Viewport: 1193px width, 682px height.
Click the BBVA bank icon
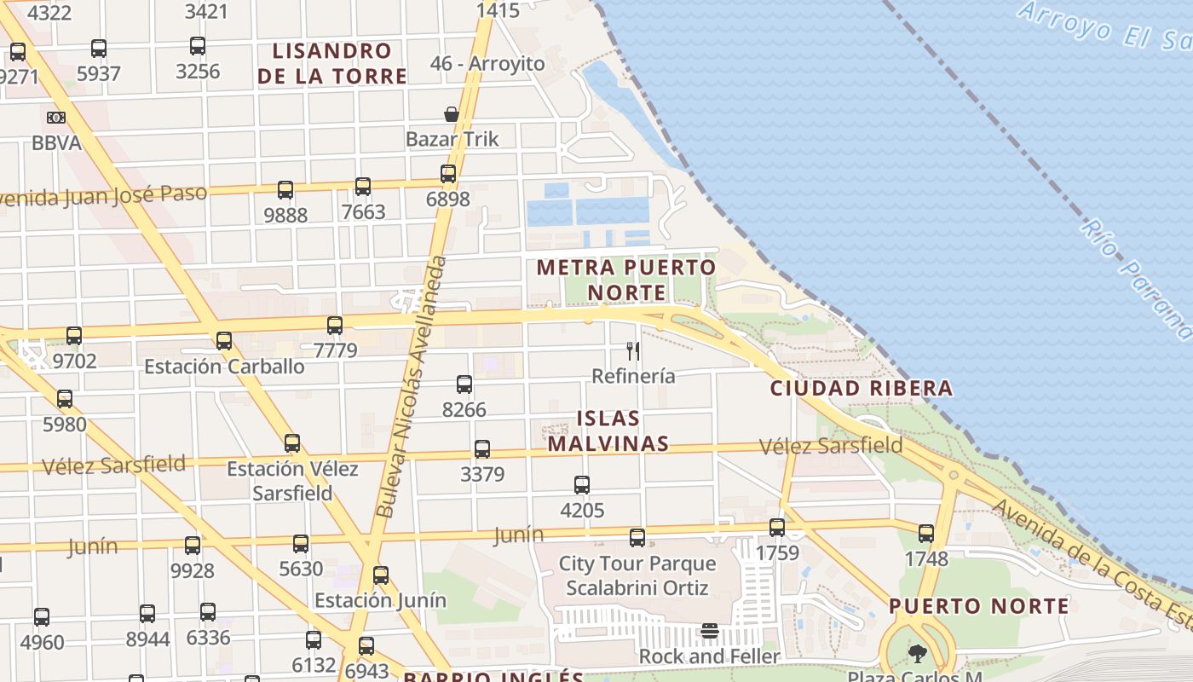pos(56,118)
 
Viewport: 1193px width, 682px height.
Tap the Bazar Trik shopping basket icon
pos(452,114)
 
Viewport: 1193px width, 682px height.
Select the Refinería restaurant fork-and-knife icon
pos(633,350)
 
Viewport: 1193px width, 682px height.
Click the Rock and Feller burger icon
pos(710,632)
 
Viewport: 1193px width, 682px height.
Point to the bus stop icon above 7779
pos(335,325)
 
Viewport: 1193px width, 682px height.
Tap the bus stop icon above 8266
pos(464,384)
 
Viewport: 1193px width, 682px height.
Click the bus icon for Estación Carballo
pos(224,341)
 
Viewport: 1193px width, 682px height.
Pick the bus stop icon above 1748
pos(926,534)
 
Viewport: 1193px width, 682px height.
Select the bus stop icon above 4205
pos(582,485)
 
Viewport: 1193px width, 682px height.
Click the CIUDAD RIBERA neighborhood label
pos(861,389)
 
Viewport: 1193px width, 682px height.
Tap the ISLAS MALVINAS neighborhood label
pos(608,431)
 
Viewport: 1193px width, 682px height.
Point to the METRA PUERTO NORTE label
pos(626,280)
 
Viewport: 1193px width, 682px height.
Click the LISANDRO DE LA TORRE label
pos(332,63)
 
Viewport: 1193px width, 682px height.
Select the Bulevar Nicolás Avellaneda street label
pos(412,386)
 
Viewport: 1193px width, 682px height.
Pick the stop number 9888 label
pos(285,215)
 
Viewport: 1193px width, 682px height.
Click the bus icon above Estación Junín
pos(381,575)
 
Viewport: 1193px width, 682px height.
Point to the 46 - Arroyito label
pos(487,64)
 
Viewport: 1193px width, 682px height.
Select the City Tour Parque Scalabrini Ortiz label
pos(637,575)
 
